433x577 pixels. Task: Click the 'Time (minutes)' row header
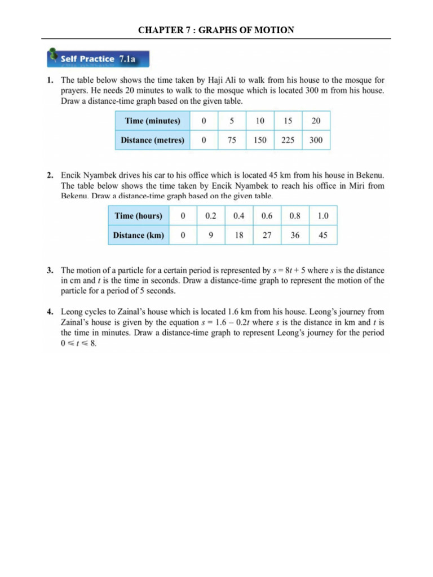(152, 121)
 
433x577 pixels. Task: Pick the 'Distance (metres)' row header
(152, 140)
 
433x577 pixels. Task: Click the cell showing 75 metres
(232, 140)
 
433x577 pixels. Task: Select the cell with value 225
(288, 140)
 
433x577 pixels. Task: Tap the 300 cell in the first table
(316, 140)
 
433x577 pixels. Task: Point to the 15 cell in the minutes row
(288, 121)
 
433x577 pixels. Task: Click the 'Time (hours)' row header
(138, 216)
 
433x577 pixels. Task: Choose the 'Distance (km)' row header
(138, 236)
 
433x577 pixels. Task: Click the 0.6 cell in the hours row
(267, 216)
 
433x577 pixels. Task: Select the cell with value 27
(267, 236)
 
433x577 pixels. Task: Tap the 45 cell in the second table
(322, 236)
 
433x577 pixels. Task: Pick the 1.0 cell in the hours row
(322, 216)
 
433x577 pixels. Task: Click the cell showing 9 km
(211, 236)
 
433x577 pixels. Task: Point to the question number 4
(50, 311)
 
